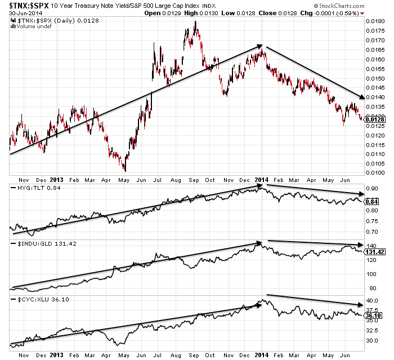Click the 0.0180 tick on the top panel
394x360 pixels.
point(374,21)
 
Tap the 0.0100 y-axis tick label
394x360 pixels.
point(374,172)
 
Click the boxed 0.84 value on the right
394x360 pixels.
point(371,201)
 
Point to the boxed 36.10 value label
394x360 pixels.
point(373,315)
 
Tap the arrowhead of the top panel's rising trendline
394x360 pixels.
point(259,46)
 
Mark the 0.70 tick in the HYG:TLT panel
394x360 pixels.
point(371,232)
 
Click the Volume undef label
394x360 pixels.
point(27,25)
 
